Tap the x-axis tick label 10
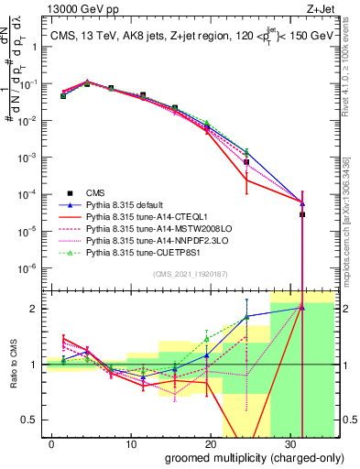[x=132, y=442]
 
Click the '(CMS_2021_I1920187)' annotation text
[x=191, y=272]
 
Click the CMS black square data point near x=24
[x=246, y=162]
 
